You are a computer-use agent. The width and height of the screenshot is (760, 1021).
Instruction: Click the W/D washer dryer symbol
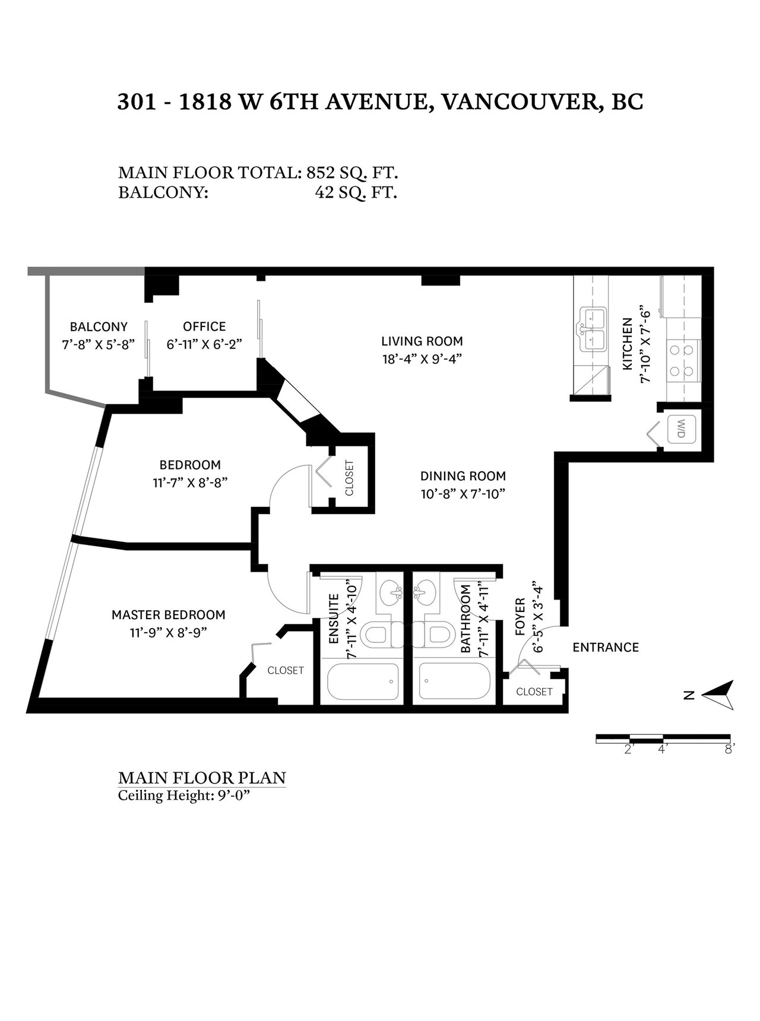point(680,429)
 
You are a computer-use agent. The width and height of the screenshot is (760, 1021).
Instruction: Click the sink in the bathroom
point(424,591)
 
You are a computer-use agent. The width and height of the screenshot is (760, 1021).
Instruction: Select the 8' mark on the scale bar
point(730,749)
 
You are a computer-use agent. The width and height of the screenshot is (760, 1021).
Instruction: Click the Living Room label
point(422,341)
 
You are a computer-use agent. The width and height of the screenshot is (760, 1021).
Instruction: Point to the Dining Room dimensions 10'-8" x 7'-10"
point(463,494)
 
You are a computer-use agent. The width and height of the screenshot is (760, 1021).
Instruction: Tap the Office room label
point(204,326)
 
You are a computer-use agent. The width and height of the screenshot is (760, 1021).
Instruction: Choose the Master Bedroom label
point(169,615)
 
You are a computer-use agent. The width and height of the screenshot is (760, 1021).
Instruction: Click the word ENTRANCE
point(606,647)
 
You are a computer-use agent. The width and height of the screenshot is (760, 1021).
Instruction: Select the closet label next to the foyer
point(534,692)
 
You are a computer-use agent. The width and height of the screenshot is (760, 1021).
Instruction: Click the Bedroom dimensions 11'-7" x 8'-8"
point(190,483)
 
